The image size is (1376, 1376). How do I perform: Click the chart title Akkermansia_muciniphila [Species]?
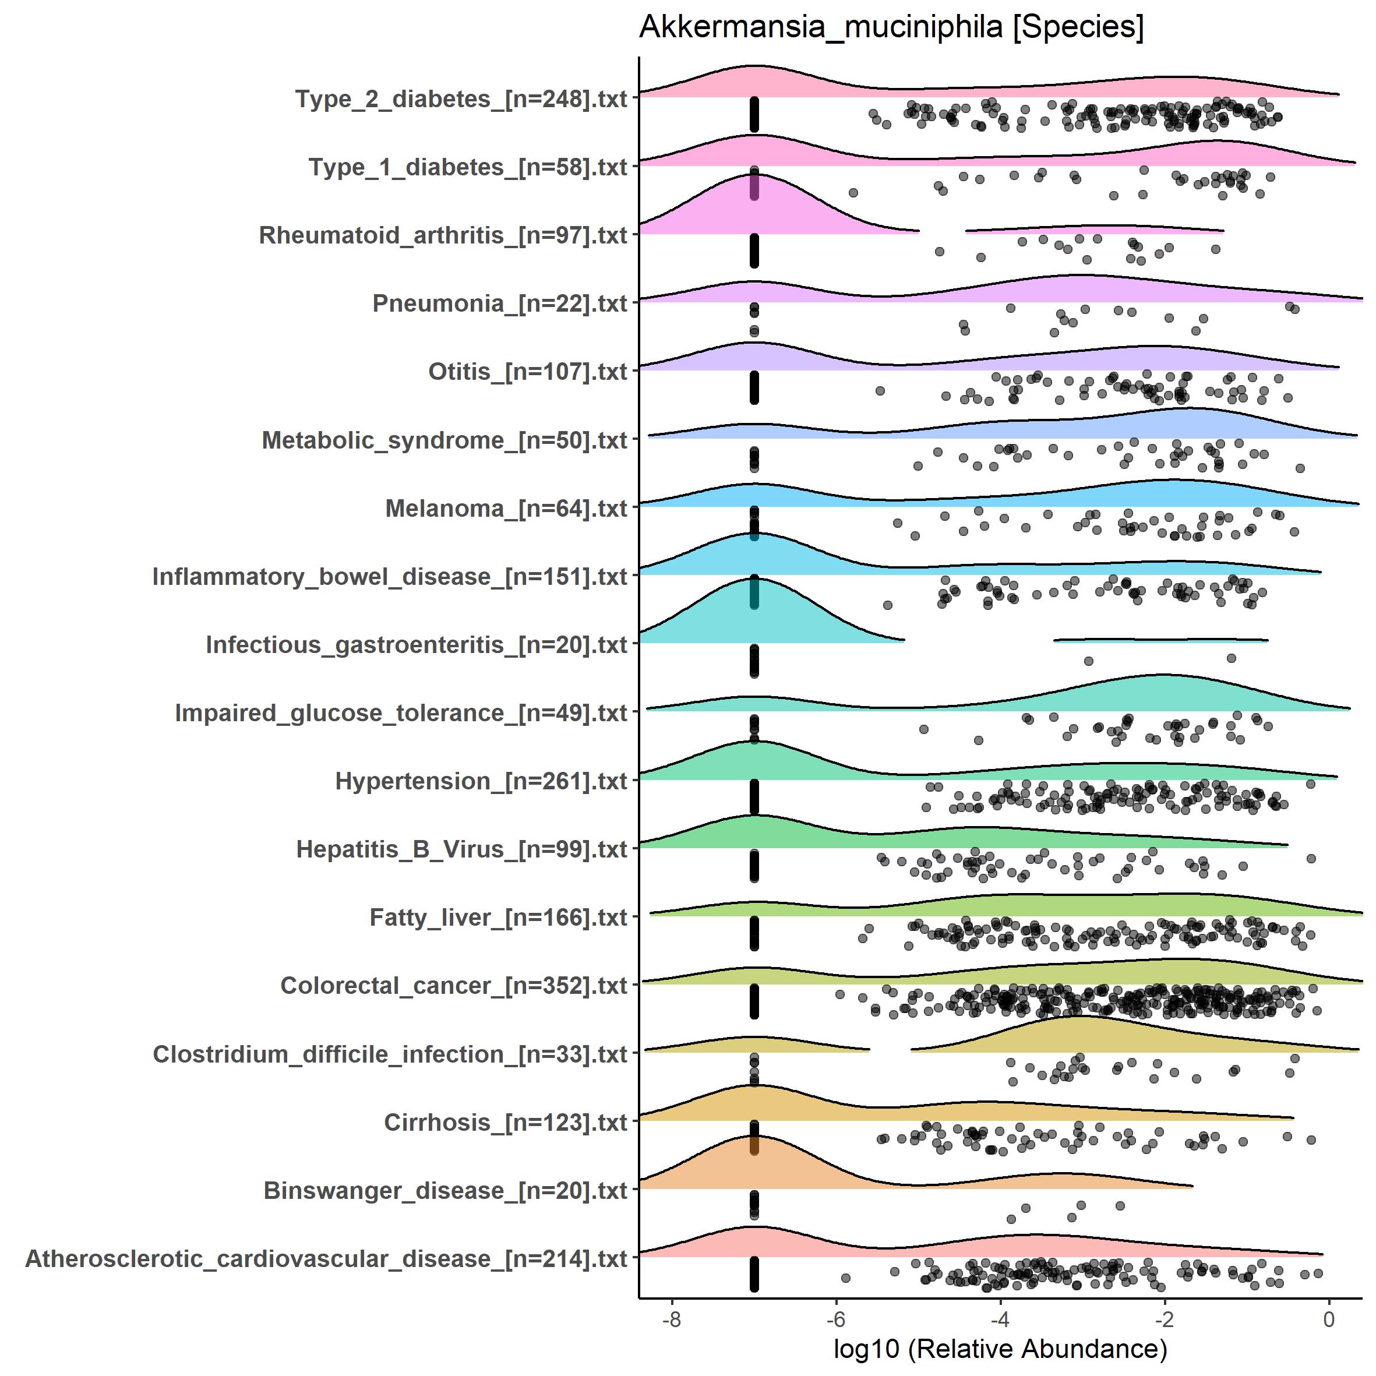891,29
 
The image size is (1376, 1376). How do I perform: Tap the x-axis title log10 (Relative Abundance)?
1000,1348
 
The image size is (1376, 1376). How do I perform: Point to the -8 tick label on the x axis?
672,1319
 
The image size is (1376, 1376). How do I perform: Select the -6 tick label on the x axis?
835,1319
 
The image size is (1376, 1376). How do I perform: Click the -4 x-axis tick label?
1000,1319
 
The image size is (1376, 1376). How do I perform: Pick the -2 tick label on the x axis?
1164,1319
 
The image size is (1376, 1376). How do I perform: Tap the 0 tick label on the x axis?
1329,1319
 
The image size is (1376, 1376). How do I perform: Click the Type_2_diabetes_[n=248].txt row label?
461,99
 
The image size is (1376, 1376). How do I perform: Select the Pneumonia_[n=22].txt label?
499,304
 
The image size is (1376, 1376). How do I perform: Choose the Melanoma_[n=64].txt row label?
506,509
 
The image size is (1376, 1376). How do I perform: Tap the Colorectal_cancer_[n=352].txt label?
454,986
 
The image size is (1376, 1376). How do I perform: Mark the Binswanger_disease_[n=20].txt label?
445,1191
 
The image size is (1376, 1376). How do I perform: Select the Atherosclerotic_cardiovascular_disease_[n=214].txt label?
326,1259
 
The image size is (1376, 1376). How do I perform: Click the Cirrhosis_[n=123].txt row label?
506,1123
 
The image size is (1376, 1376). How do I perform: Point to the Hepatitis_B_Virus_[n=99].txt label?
461,850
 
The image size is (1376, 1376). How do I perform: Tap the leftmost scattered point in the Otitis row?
880,391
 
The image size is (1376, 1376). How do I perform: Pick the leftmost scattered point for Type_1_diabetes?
852,193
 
